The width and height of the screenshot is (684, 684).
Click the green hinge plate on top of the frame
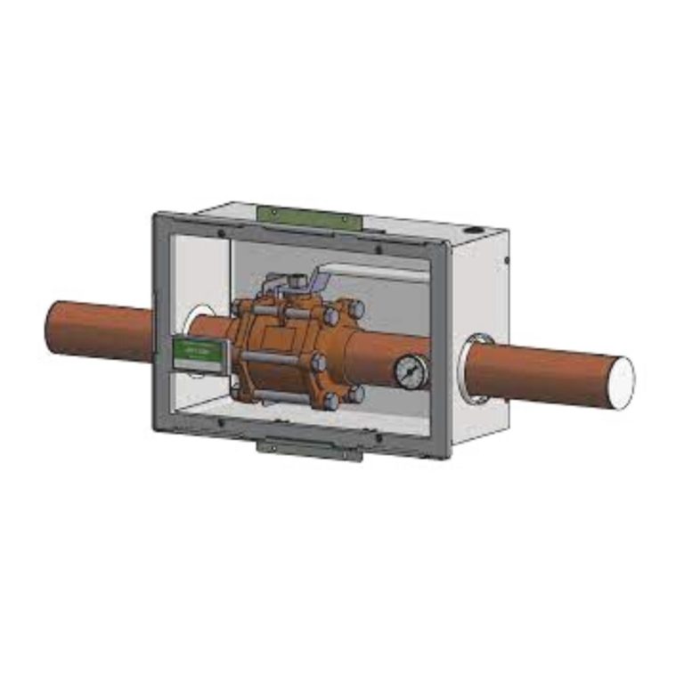tap(307, 216)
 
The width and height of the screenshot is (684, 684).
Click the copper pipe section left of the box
tap(98, 330)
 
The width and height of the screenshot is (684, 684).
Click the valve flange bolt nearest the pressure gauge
tap(355, 392)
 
